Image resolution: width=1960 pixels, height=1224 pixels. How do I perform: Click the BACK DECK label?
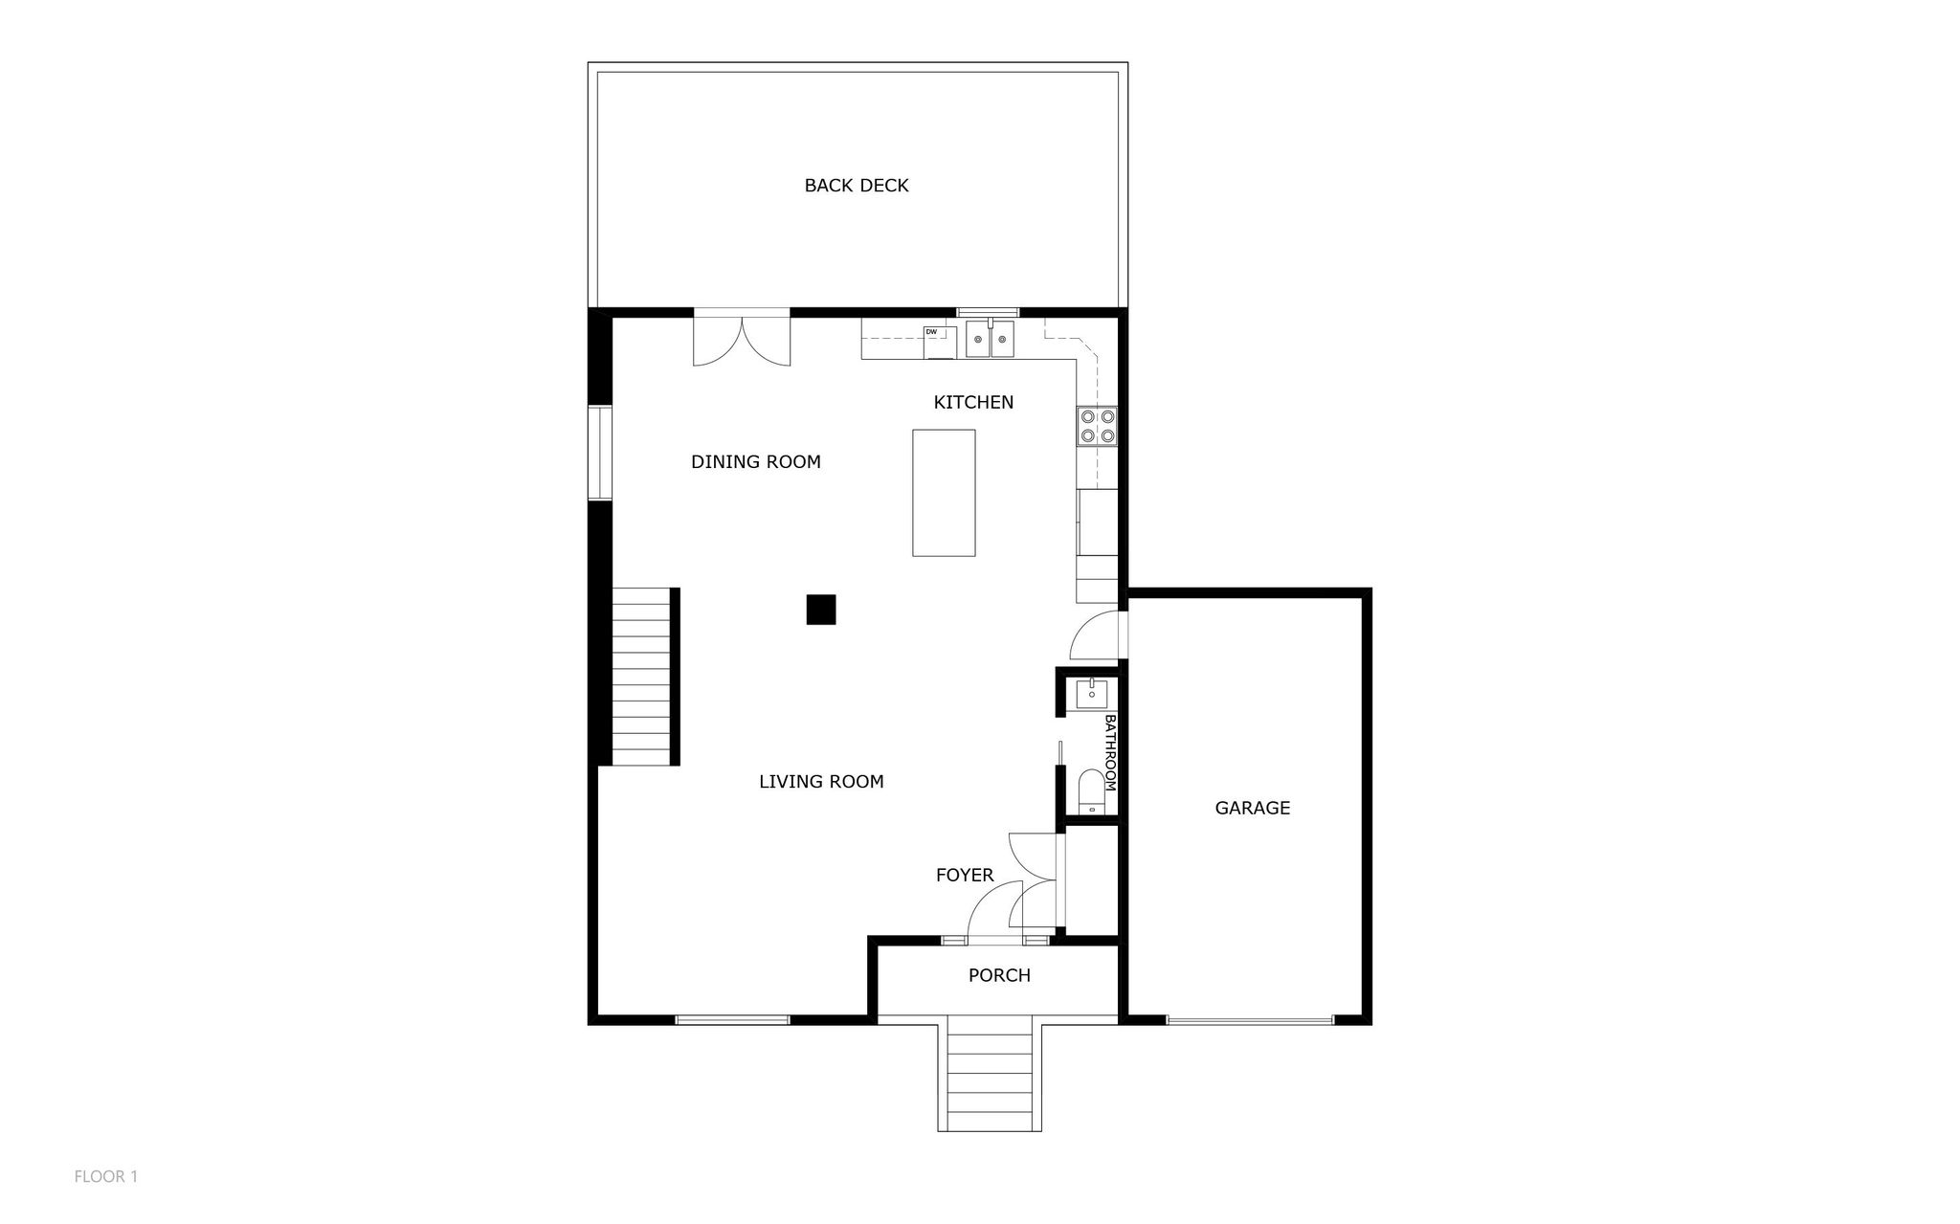coord(857,186)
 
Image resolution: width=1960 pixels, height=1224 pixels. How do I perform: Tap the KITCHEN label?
coord(973,403)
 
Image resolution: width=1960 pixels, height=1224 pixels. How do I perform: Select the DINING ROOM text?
coord(756,462)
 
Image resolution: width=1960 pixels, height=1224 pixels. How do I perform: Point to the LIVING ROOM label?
coord(821,782)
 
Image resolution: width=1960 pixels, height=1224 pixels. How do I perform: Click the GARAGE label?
coord(1253,808)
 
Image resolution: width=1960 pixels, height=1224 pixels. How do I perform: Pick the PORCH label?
coord(999,975)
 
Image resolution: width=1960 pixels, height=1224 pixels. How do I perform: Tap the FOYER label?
coord(965,875)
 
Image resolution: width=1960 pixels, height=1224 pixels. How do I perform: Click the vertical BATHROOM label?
coord(1110,752)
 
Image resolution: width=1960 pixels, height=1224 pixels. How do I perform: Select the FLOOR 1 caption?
coord(106,1176)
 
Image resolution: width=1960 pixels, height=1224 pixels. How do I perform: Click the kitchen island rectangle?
coord(944,493)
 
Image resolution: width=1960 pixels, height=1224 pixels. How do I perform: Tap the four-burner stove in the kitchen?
coord(1098,426)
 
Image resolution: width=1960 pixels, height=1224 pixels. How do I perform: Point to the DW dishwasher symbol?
coord(940,343)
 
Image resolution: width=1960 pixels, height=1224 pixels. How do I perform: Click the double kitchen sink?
coord(990,339)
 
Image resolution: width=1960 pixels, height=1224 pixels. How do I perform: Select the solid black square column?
coord(821,610)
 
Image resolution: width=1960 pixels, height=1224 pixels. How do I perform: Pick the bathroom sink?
coord(1092,693)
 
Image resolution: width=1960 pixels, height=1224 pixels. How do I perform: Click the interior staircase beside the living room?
coord(640,676)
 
